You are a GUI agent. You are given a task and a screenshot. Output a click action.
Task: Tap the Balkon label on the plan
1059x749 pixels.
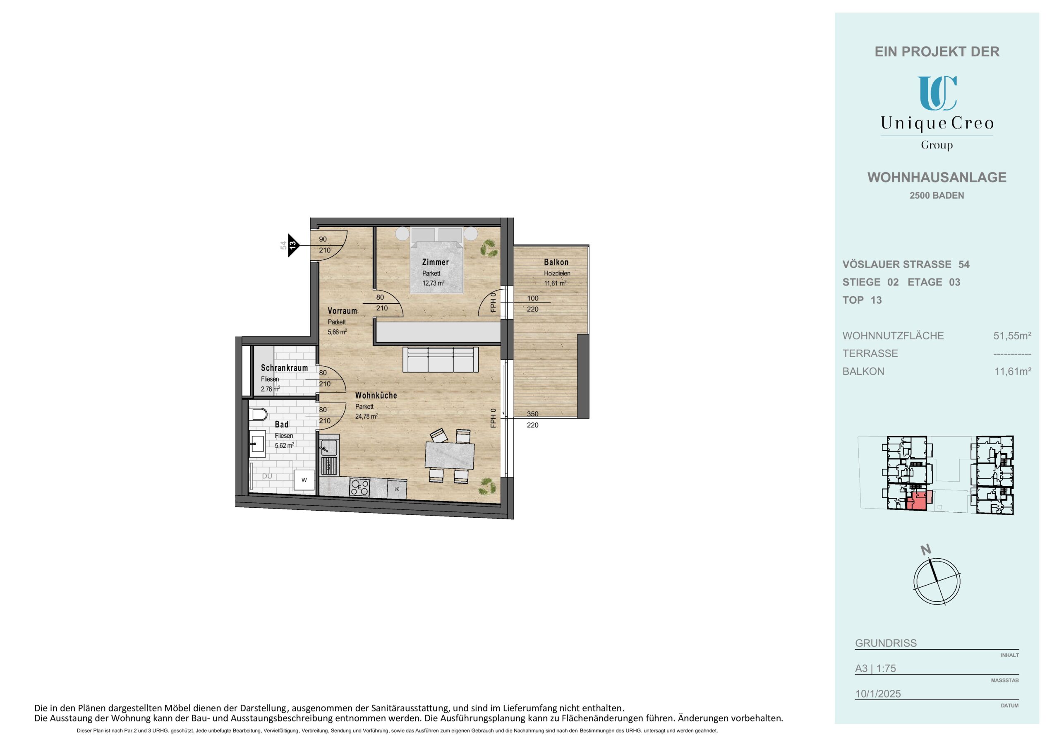pos(556,262)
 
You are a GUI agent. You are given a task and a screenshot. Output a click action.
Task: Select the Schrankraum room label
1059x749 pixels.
pos(284,368)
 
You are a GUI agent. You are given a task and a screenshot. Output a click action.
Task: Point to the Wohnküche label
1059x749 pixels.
pos(376,396)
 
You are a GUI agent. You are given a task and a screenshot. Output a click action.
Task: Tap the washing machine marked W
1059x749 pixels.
pos(304,480)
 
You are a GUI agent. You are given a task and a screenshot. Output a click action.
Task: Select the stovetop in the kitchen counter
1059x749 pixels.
pos(360,487)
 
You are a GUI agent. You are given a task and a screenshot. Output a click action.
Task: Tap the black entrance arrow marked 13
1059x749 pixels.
pos(293,245)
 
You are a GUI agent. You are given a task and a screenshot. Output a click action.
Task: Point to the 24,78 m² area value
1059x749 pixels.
pos(366,416)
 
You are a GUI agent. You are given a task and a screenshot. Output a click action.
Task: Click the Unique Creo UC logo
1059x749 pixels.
pos(937,93)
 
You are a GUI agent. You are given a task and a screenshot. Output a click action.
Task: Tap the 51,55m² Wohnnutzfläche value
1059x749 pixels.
pos(1012,336)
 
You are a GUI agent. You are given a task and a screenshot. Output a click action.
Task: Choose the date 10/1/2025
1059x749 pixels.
pos(878,694)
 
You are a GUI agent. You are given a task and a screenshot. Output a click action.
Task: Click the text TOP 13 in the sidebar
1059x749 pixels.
pos(862,300)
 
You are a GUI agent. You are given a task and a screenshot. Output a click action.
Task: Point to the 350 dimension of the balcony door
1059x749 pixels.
pos(532,414)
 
